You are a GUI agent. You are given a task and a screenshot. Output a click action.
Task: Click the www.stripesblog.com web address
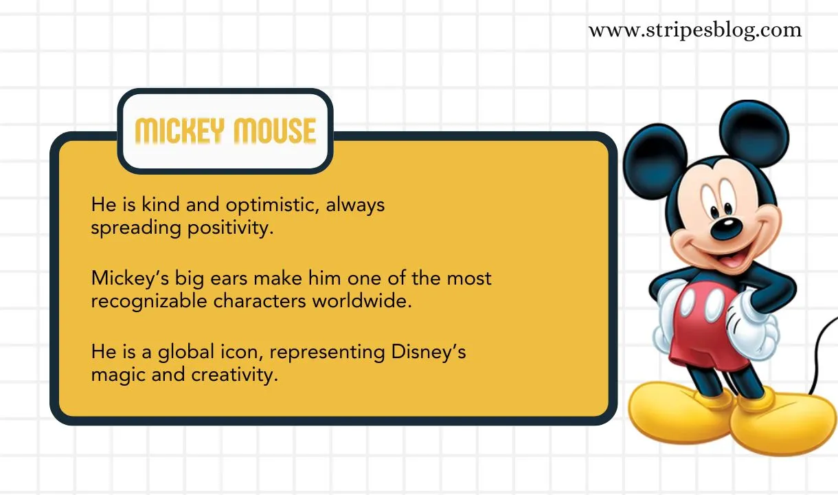pos(694,30)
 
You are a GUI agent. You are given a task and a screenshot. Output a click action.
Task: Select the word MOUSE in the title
pos(275,131)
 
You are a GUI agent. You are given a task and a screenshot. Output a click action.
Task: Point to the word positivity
pos(231,228)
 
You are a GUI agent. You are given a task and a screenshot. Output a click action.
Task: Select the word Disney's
pos(429,353)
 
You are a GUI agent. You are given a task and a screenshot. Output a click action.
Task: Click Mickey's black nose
pos(725,228)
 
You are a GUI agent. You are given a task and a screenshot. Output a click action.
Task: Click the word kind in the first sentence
pos(156,205)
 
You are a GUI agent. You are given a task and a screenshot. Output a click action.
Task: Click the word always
pos(355,206)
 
